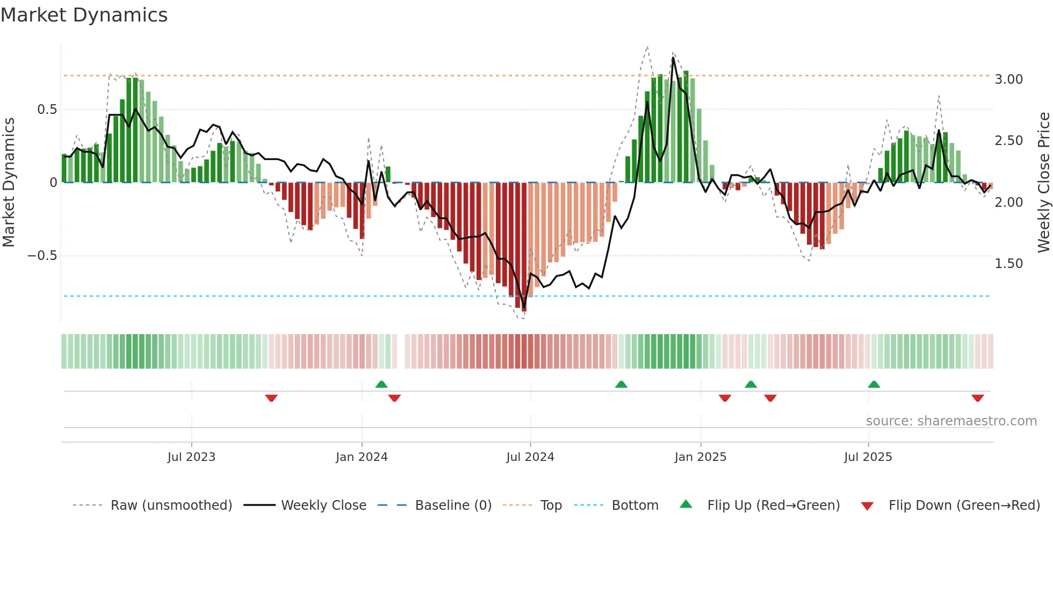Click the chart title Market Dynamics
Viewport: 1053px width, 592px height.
pos(84,15)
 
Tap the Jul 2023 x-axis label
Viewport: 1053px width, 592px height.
pos(191,457)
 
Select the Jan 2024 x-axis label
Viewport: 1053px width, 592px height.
pos(362,457)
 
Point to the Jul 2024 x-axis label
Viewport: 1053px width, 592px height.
pos(530,457)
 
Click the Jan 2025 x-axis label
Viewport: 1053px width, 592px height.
pos(700,457)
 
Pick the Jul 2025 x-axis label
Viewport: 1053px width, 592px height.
pos(868,457)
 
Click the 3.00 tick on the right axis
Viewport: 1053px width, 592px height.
pos(1008,80)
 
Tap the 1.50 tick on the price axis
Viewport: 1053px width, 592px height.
pos(1008,264)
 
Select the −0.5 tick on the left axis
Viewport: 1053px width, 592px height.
pos(42,256)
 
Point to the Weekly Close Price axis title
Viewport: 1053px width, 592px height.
pos(1043,182)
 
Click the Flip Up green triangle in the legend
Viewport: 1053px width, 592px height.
pos(686,504)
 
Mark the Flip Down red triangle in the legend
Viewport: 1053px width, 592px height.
pos(867,506)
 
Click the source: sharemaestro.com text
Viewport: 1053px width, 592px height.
pos(951,421)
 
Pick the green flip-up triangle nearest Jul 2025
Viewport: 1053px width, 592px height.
pos(874,385)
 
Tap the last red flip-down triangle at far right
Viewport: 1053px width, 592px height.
pos(977,398)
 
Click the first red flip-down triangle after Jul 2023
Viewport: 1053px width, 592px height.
pos(271,398)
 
